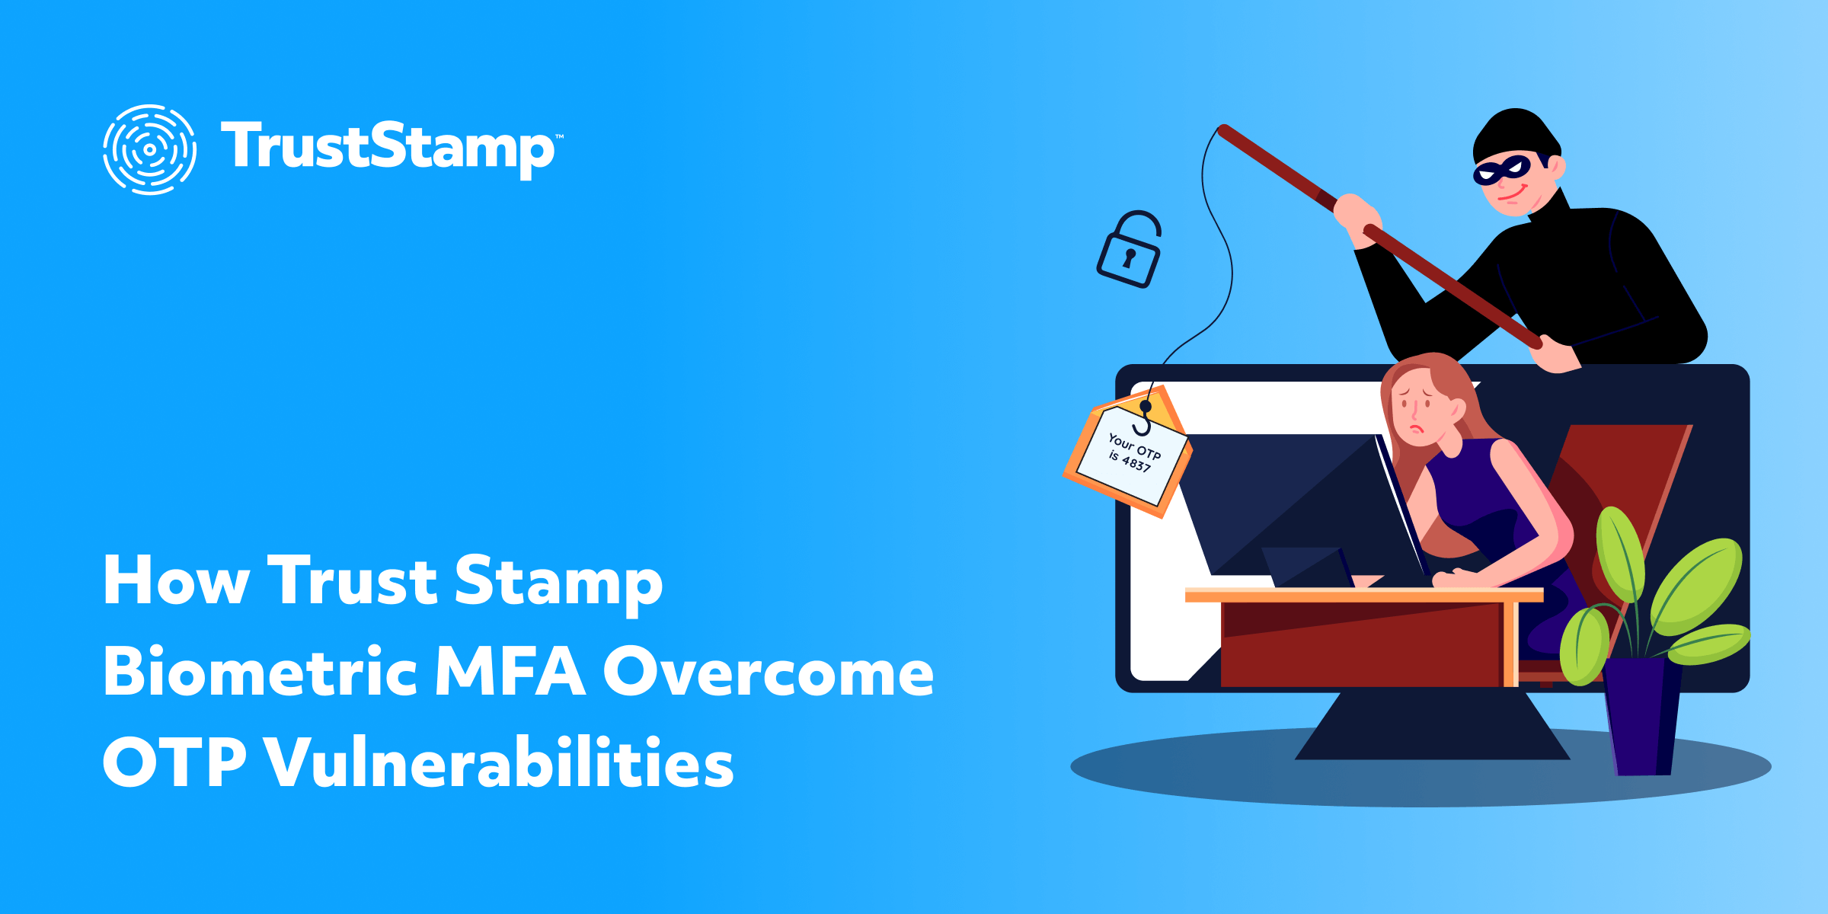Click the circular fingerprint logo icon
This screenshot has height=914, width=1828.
149,149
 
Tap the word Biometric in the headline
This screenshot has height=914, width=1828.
260,672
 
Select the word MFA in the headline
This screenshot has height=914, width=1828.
510,672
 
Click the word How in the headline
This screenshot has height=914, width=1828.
176,582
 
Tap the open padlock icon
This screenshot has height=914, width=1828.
1129,251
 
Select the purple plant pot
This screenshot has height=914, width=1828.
1641,716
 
